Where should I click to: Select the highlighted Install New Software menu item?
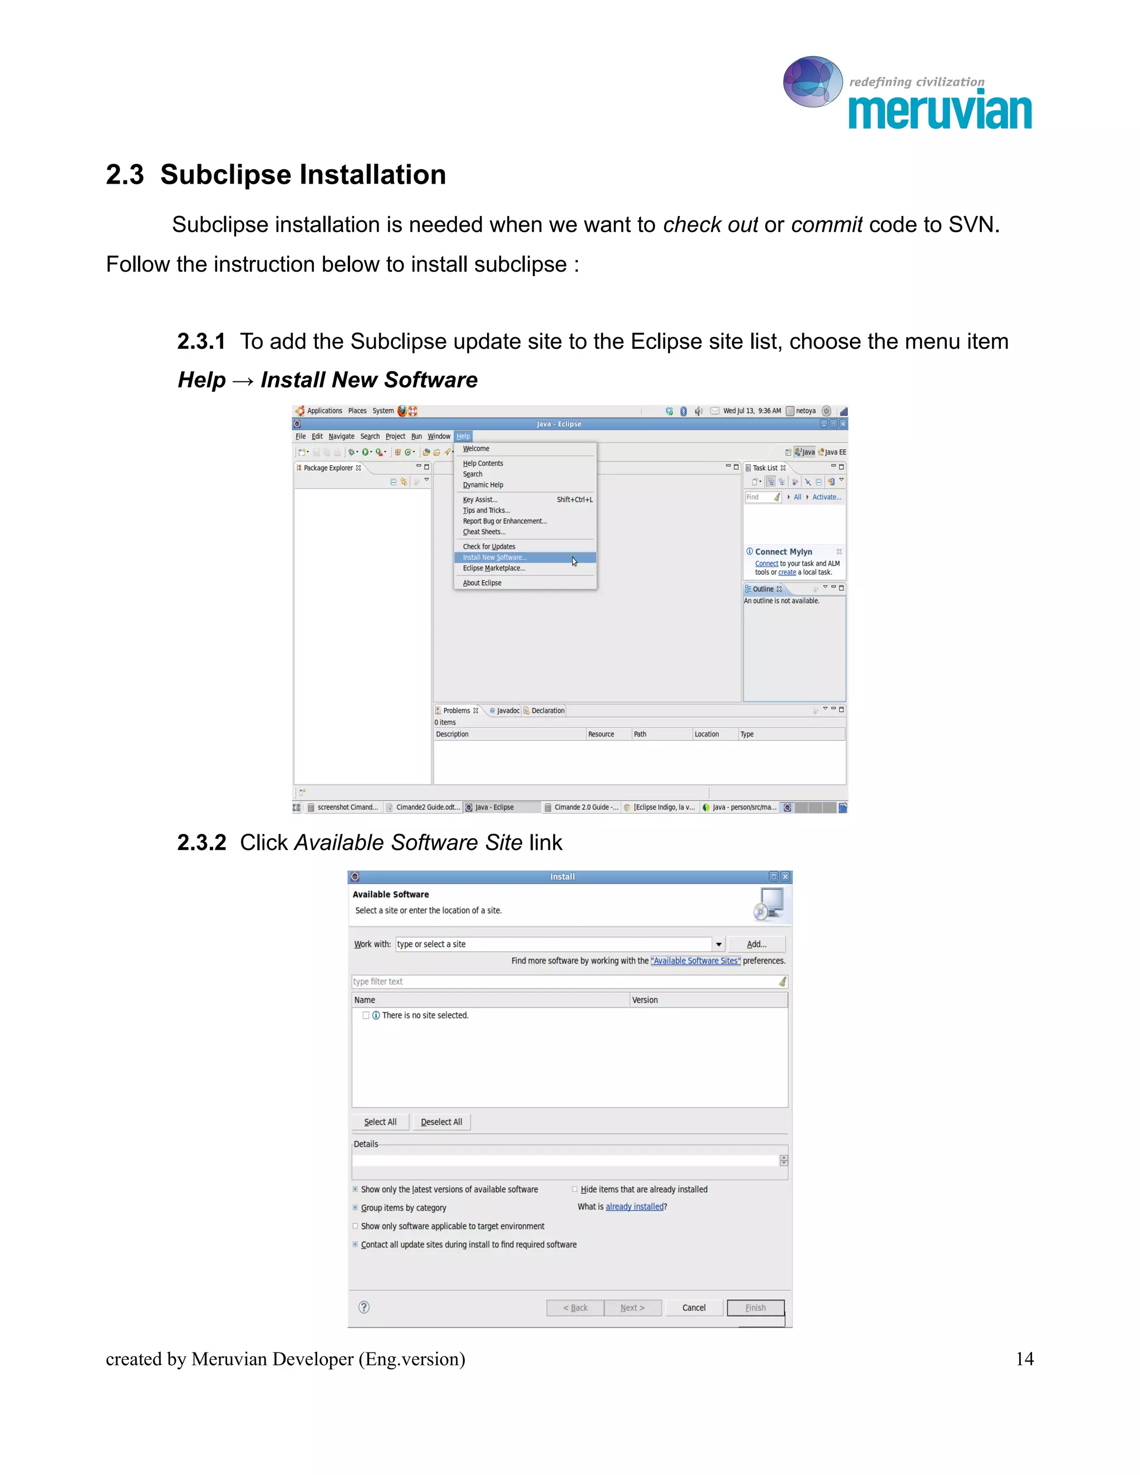point(494,557)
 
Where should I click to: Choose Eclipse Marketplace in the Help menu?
point(494,568)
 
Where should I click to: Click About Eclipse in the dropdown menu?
point(481,583)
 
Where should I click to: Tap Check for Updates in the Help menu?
point(488,547)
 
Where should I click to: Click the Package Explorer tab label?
point(328,468)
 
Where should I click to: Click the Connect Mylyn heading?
point(783,552)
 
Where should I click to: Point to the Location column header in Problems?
point(706,734)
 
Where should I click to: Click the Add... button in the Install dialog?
point(756,944)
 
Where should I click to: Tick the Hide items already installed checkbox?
point(574,1189)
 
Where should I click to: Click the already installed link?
point(634,1207)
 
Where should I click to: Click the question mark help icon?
point(364,1307)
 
